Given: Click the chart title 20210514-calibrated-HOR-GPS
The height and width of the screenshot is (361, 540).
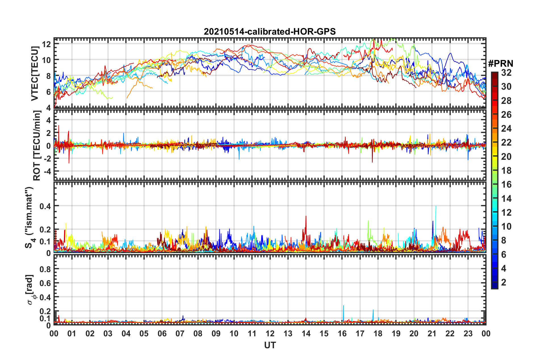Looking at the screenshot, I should [270, 32].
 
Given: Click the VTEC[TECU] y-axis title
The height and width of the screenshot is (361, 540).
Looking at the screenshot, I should [35, 73].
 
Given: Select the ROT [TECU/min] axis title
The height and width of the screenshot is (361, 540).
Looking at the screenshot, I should [37, 146].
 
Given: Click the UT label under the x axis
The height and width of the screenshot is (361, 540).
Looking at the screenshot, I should [270, 345].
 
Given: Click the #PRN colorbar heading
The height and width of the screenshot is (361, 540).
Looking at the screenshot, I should [500, 64].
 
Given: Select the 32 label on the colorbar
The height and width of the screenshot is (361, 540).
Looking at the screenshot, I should [506, 73].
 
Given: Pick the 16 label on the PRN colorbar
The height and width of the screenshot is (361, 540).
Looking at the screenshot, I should [506, 184].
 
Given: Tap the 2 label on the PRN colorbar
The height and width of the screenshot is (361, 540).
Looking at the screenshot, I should [504, 282].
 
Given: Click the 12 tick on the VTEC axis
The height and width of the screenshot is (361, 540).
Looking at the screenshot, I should [46, 44].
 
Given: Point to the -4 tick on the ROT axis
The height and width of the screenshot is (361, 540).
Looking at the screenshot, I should [46, 171].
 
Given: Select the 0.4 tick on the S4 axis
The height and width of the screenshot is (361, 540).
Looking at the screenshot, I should [45, 206].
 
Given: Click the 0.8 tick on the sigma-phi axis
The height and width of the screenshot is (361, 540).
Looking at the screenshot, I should [45, 269].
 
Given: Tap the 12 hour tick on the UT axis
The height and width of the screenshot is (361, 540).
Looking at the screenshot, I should [270, 333].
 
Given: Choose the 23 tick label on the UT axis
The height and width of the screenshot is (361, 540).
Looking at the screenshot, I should [468, 333].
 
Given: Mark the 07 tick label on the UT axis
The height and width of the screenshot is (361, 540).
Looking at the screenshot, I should [180, 333].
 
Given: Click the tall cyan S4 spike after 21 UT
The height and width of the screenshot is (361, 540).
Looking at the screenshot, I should [436, 207].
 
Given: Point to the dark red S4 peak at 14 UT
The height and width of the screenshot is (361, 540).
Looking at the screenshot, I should [306, 217].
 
